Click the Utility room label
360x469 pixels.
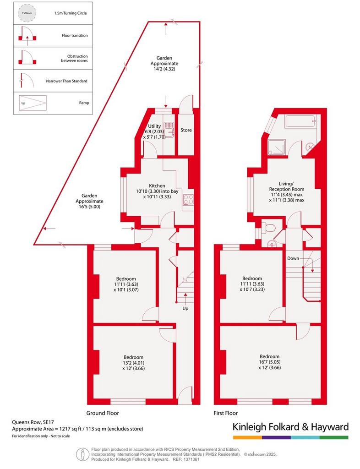click(154, 126)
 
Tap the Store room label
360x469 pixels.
click(186, 130)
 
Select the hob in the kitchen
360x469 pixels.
click(188, 200)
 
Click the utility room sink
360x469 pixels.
click(169, 129)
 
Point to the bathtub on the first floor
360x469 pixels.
click(300, 121)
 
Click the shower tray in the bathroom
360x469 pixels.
click(277, 147)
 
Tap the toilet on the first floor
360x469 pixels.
click(268, 228)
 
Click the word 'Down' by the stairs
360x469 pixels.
click(293, 258)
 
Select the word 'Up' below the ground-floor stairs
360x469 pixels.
click(185, 308)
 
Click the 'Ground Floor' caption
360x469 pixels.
click(103, 413)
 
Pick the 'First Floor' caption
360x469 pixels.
click(225, 413)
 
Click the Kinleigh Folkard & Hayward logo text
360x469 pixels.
click(291, 427)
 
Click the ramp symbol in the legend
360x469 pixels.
click(33, 103)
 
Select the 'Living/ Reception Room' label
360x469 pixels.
click(286, 186)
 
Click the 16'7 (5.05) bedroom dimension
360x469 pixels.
click(270, 362)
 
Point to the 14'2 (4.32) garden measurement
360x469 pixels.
click(164, 69)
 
